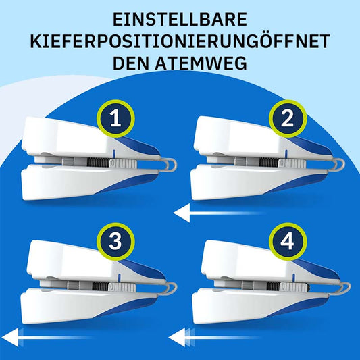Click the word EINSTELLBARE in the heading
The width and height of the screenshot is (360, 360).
[x=180, y=20]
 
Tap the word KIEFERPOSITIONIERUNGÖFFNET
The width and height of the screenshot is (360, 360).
[x=180, y=41]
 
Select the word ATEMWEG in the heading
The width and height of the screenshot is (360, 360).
[x=201, y=63]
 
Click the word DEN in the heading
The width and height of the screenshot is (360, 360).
[x=131, y=63]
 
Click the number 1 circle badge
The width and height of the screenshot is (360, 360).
[x=115, y=119]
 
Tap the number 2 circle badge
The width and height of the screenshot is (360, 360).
[x=287, y=119]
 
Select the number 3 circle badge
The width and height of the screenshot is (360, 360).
[x=115, y=242]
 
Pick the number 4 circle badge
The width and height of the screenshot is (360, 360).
[x=288, y=242]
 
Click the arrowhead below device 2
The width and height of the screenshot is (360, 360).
[x=182, y=213]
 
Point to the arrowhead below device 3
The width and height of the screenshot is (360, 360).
[x=10, y=337]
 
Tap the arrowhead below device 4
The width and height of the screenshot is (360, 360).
[x=177, y=337]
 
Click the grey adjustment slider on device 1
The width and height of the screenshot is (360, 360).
[x=123, y=163]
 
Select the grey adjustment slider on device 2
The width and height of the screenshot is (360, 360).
[x=292, y=163]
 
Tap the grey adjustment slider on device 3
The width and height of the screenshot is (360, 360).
[x=122, y=287]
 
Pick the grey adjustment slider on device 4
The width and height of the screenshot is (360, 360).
[x=294, y=287]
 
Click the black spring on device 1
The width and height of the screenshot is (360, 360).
[x=98, y=163]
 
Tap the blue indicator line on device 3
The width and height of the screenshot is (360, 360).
[x=119, y=278]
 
